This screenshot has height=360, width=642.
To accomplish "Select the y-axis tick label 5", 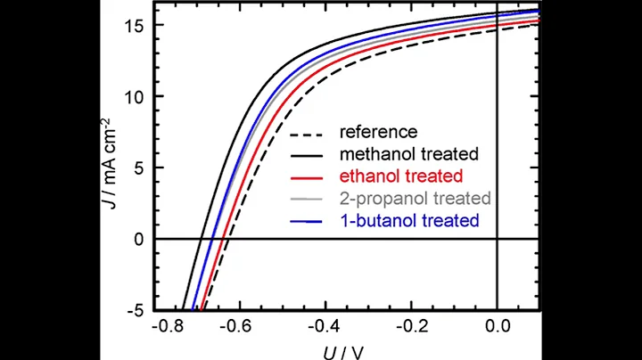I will pyautogui.click(x=135, y=168).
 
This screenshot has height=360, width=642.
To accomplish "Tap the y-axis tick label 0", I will pyautogui.click(x=135, y=239).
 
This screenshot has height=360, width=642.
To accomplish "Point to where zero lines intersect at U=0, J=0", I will pyautogui.click(x=497, y=239).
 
